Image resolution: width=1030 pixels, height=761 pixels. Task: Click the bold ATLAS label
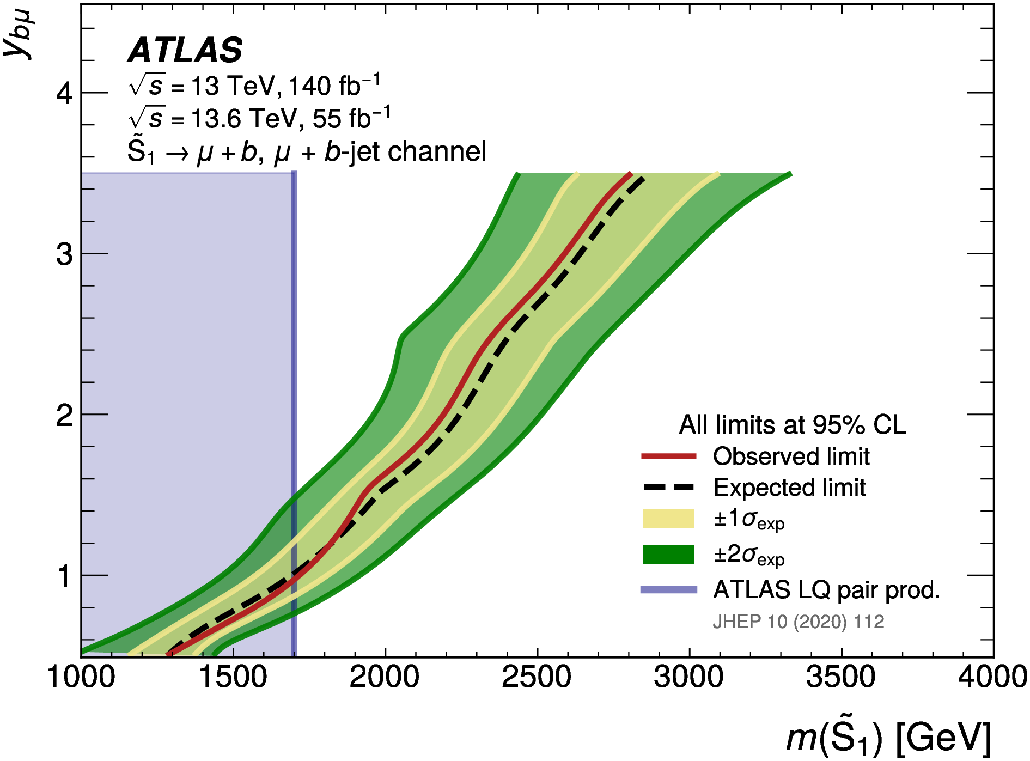185,51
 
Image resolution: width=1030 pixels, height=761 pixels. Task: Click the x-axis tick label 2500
537,678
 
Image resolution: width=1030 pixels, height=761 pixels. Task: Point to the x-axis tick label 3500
841,678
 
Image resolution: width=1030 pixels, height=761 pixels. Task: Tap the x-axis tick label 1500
233,678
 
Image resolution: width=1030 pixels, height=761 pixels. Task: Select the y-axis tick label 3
64,254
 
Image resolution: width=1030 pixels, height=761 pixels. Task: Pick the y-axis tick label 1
64,576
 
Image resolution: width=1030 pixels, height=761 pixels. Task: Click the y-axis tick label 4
64,94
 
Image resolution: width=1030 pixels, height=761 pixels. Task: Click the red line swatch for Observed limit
668,456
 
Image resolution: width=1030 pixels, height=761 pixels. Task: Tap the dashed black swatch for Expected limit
668,487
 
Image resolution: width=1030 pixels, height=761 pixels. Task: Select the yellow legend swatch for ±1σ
668,519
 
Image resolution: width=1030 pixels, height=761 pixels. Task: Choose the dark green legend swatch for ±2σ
668,554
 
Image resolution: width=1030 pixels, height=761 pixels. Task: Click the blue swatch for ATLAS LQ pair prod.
668,589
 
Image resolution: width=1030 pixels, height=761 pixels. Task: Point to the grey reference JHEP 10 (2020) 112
798,622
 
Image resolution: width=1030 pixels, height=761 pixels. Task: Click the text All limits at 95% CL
792,425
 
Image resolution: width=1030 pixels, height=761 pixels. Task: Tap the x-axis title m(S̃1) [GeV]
888,738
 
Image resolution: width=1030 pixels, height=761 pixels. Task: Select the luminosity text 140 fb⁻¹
333,86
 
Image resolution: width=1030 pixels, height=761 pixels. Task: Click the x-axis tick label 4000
992,678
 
